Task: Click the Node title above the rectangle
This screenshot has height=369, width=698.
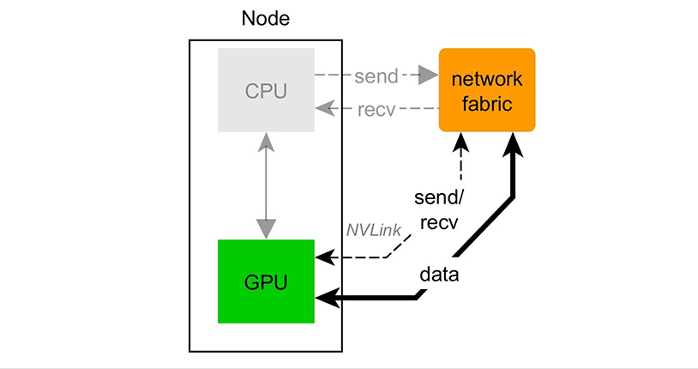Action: (x=265, y=19)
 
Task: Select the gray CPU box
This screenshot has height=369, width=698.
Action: (x=266, y=90)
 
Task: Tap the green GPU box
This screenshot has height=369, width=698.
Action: (x=266, y=281)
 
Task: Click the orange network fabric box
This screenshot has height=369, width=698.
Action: (x=487, y=90)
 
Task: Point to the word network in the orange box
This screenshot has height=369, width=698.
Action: (x=487, y=80)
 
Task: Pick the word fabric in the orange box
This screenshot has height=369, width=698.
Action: (x=487, y=103)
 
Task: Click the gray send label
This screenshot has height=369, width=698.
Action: (x=376, y=76)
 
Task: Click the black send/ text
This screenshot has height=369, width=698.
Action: (x=439, y=198)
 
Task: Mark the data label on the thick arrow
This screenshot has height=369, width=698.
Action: (x=439, y=275)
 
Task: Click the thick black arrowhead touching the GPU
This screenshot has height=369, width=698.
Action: (x=326, y=297)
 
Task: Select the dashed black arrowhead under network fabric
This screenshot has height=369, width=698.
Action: (x=461, y=139)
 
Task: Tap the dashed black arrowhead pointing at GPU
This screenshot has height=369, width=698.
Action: (x=323, y=256)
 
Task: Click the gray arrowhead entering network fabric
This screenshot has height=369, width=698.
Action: (x=429, y=76)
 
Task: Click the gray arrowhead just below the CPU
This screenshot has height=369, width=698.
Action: (x=267, y=142)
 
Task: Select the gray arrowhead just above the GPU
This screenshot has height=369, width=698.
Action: (x=267, y=229)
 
